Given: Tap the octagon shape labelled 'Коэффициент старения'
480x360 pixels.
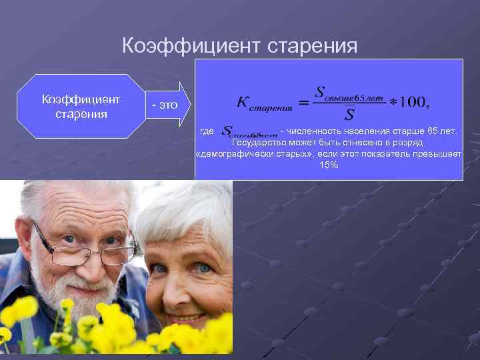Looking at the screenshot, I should click(81, 106).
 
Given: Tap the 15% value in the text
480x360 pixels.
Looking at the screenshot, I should click(329, 165).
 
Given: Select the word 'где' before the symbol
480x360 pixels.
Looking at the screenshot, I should click(207, 131).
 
